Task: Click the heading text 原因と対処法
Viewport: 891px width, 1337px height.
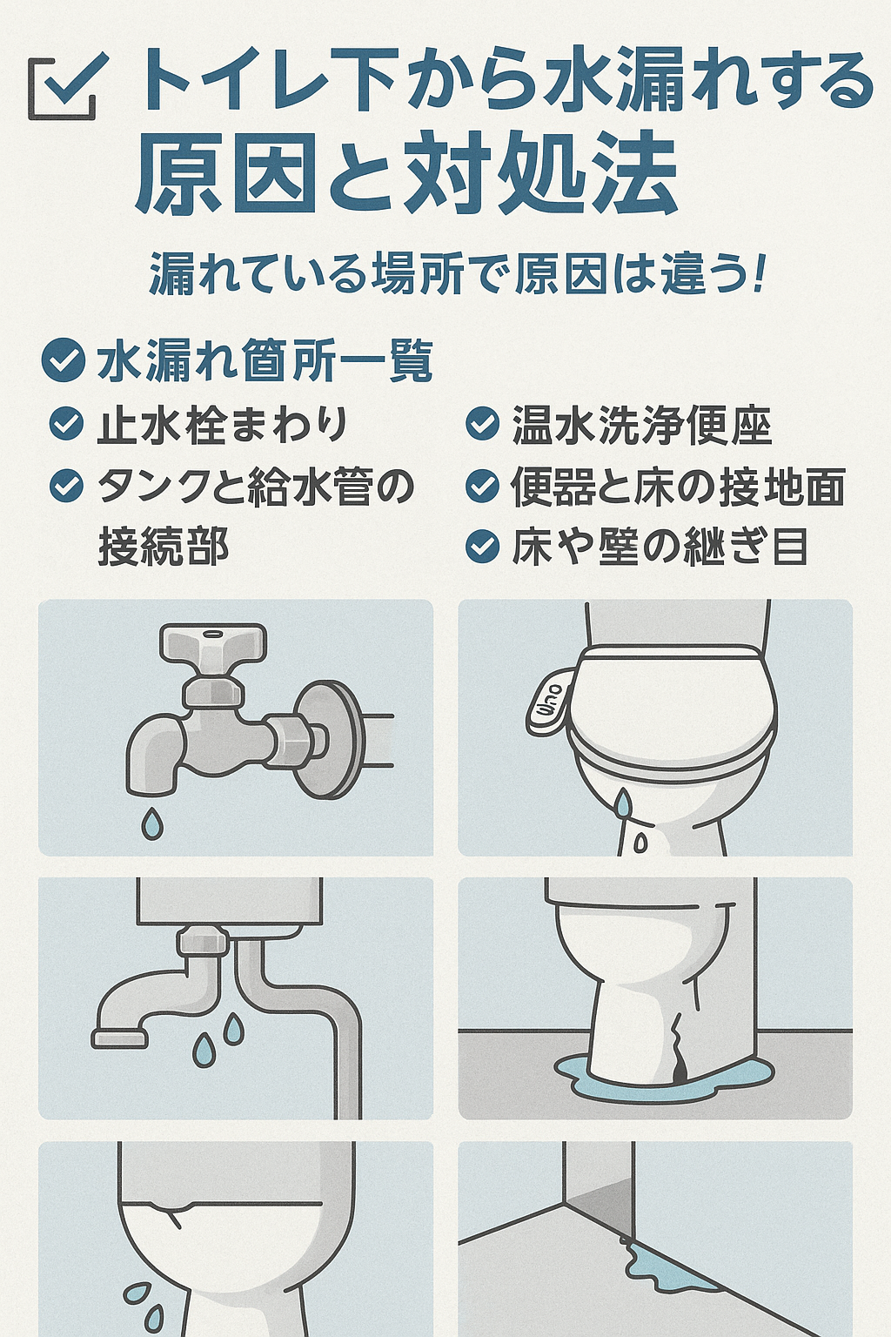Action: [406, 174]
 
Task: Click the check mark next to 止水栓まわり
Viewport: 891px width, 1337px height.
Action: [66, 424]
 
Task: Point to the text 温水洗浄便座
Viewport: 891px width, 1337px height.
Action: [641, 426]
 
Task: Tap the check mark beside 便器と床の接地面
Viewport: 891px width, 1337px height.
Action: [482, 486]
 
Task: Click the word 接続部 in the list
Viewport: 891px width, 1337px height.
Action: [163, 547]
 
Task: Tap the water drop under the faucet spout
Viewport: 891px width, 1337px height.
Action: [152, 823]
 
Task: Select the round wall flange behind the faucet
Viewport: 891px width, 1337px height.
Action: [326, 740]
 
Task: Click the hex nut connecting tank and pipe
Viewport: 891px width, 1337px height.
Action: [203, 942]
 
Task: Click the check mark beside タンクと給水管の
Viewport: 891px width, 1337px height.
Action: [66, 486]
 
